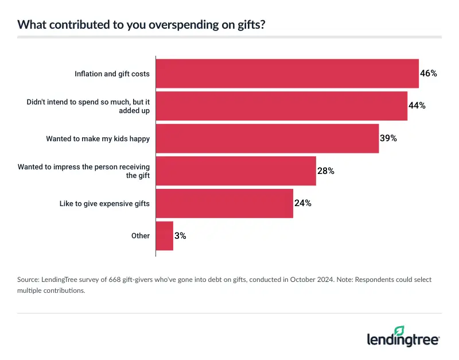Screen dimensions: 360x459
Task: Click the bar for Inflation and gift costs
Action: click(x=287, y=73)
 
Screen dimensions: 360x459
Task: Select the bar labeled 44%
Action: click(x=281, y=106)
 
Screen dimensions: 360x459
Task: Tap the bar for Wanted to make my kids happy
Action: click(x=267, y=138)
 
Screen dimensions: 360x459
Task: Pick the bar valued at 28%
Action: click(x=235, y=171)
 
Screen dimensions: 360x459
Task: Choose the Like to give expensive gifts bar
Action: click(x=224, y=203)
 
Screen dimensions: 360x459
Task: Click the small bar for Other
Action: click(x=164, y=235)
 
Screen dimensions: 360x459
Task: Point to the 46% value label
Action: click(x=429, y=73)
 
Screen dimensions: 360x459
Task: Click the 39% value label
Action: click(x=388, y=138)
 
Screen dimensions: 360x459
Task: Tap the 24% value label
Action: click(x=302, y=203)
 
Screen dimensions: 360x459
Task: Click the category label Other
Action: click(x=141, y=235)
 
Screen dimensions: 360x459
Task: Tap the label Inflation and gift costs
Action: click(x=112, y=73)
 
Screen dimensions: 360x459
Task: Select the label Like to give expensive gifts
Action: click(x=104, y=203)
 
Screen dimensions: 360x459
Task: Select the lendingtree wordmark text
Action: click(x=402, y=340)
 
